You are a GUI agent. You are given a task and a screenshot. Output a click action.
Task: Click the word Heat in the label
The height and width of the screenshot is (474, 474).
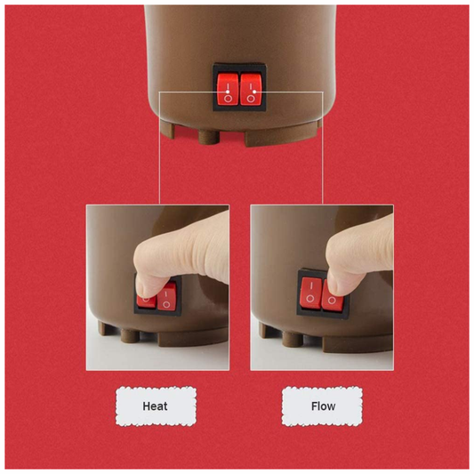155,406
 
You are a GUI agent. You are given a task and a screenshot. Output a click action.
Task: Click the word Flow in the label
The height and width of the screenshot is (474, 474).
323,406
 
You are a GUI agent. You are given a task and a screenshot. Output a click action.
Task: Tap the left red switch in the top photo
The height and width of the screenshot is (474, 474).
228,89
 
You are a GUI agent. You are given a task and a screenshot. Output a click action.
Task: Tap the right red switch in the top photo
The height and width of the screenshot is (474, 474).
251,89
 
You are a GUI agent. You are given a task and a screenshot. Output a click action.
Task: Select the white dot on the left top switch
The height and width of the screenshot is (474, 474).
228,92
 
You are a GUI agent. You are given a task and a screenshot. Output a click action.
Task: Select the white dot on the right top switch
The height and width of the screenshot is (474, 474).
254,92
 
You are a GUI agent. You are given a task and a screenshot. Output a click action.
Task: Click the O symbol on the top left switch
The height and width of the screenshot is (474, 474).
228,99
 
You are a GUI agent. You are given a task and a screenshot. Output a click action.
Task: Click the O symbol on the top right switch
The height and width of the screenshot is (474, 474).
251,99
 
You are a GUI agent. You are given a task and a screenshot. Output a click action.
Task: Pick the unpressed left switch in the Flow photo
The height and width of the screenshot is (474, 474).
310,293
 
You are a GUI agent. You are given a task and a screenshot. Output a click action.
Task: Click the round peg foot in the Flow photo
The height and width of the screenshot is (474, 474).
293,339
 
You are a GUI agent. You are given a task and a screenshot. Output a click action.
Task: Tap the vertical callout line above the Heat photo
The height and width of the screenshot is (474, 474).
159,149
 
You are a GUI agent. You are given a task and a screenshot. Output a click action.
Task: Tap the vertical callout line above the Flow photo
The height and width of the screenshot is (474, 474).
323,149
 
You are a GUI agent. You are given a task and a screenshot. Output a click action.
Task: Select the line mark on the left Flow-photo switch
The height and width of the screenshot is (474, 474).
311,286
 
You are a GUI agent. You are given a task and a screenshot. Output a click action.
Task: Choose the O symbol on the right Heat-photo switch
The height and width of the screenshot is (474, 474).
166,304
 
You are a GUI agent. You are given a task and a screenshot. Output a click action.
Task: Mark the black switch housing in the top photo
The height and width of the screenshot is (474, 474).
239,87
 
